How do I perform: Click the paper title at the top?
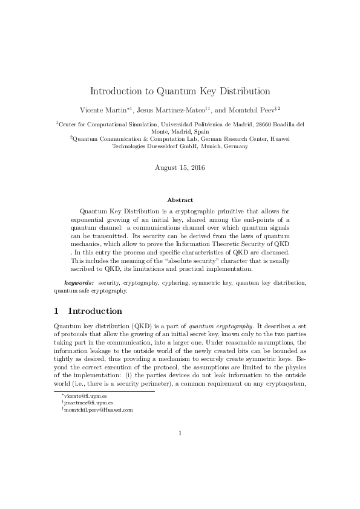point(180,91)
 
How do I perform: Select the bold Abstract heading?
point(180,199)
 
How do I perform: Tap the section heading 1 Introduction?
point(88,311)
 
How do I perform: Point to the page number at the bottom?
point(180,432)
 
